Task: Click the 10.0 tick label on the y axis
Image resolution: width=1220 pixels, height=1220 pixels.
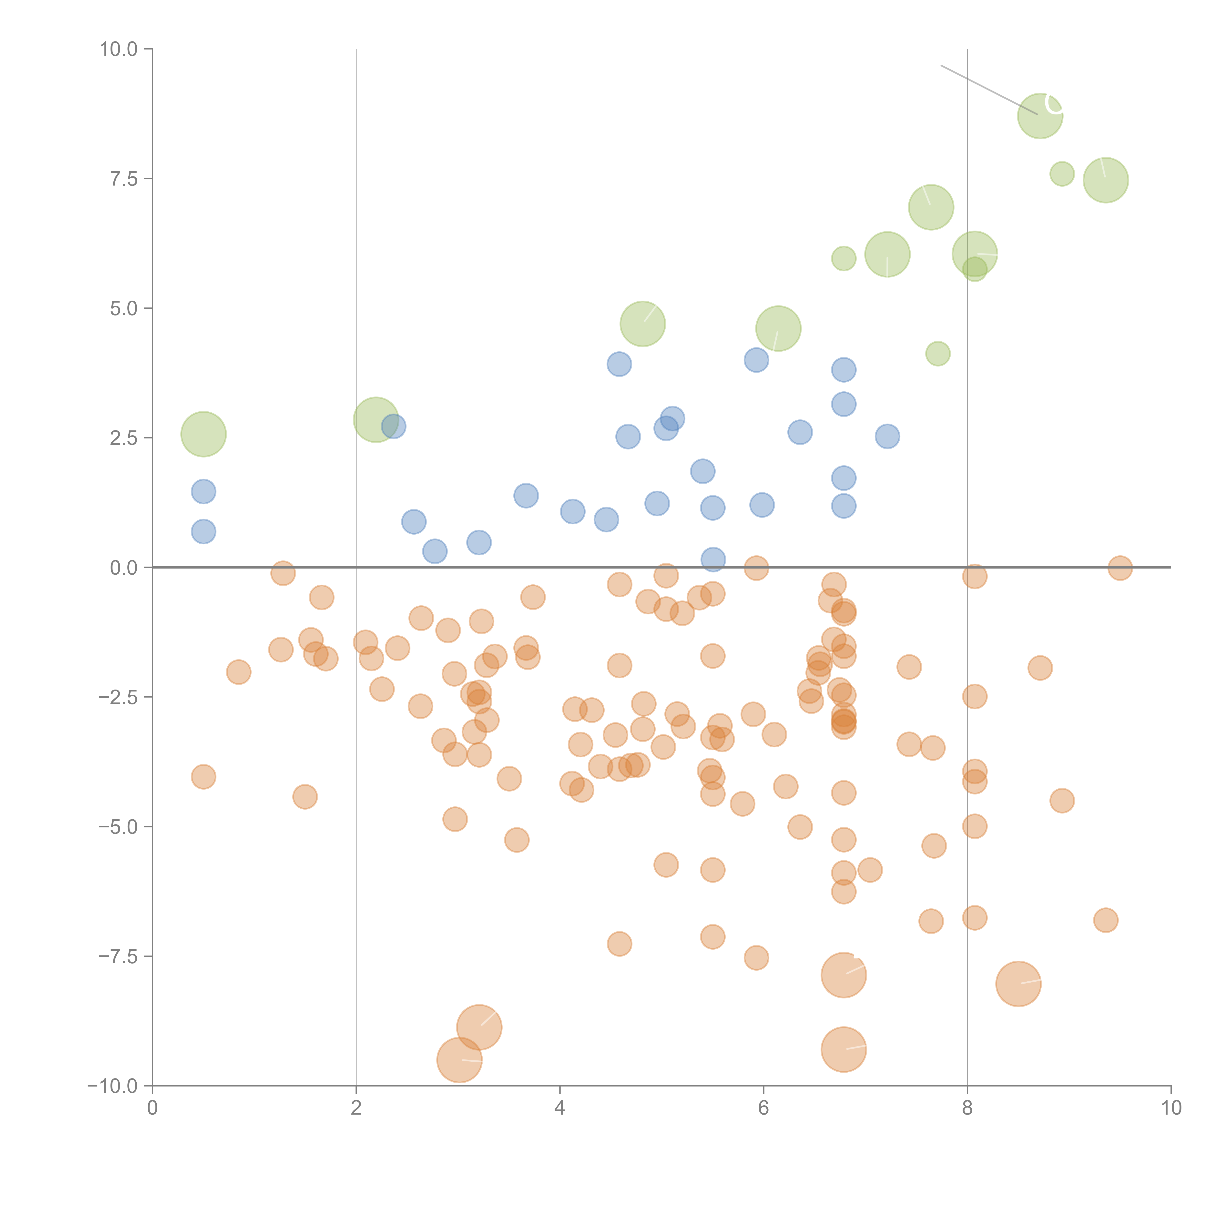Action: (119, 49)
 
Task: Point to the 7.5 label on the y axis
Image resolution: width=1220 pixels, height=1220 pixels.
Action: (124, 179)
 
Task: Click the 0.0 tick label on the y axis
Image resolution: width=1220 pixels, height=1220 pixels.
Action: (124, 568)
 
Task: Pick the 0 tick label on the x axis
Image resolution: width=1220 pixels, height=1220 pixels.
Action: (152, 1108)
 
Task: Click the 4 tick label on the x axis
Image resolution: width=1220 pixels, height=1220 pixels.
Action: (559, 1108)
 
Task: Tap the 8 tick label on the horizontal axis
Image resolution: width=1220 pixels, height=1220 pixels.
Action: (967, 1108)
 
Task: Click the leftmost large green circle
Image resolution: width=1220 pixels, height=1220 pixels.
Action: (203, 434)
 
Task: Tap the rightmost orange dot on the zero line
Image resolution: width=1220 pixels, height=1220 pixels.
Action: (1120, 568)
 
